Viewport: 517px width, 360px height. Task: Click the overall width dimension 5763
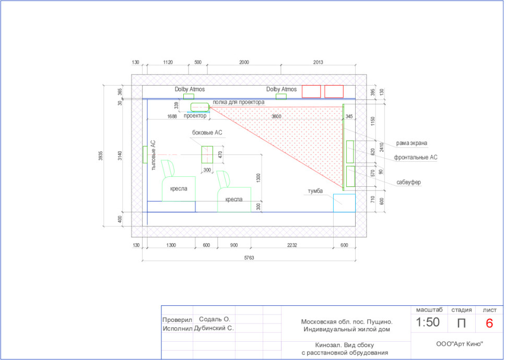(249, 258)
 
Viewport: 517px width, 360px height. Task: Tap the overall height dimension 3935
(101, 155)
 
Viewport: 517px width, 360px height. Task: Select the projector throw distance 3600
(276, 116)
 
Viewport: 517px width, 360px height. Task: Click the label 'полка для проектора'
(238, 102)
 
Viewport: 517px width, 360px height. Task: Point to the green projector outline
(200, 107)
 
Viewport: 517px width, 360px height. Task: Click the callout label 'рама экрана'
(412, 143)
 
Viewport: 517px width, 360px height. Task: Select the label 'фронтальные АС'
(416, 158)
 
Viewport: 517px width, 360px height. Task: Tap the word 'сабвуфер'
(408, 182)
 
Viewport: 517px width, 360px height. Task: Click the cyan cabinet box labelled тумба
(344, 203)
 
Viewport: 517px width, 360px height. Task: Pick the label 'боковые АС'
(207, 133)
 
